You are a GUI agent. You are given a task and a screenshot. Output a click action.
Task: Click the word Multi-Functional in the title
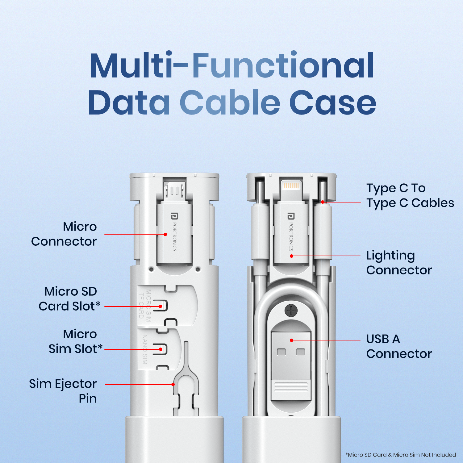pos(231,66)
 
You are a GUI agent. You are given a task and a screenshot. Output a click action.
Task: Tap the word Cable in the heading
pos(230,102)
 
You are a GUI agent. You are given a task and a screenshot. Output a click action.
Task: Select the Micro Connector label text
pos(64,234)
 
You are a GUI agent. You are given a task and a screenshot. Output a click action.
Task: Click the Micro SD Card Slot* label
pos(69,299)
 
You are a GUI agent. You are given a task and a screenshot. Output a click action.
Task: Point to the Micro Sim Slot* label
pos(75,341)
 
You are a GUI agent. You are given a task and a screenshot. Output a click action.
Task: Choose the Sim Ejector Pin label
pos(63,391)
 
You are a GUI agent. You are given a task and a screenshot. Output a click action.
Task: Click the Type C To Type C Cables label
pos(410,195)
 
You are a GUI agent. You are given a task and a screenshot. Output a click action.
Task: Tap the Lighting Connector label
pos(399,263)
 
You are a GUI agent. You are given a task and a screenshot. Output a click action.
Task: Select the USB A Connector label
pos(399,346)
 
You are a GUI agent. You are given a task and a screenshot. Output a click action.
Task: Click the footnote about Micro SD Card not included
pos(400,455)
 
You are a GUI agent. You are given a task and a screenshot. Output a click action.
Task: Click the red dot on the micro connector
pos(165,235)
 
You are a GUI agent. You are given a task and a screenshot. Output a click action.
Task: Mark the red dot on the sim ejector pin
pos(173,385)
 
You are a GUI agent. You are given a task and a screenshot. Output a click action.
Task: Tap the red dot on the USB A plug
pos(291,340)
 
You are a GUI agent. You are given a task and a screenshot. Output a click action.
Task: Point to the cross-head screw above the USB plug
pos(291,310)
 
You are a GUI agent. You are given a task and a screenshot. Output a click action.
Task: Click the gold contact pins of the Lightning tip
pos(291,186)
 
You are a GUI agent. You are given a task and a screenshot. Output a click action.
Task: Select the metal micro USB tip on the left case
pos(174,190)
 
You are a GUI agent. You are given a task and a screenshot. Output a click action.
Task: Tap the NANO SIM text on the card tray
pos(145,349)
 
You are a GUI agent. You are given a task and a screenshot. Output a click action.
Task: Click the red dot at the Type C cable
pos(323,202)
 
